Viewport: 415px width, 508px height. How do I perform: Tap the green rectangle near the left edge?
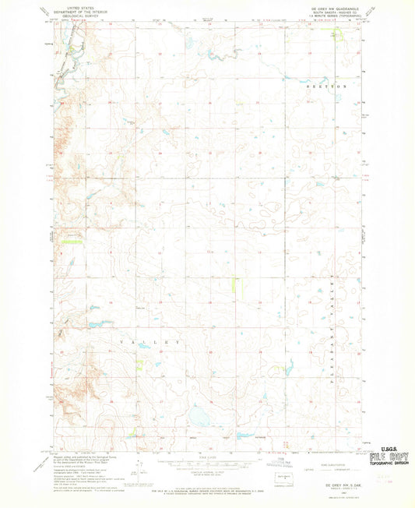[x=72, y=242]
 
